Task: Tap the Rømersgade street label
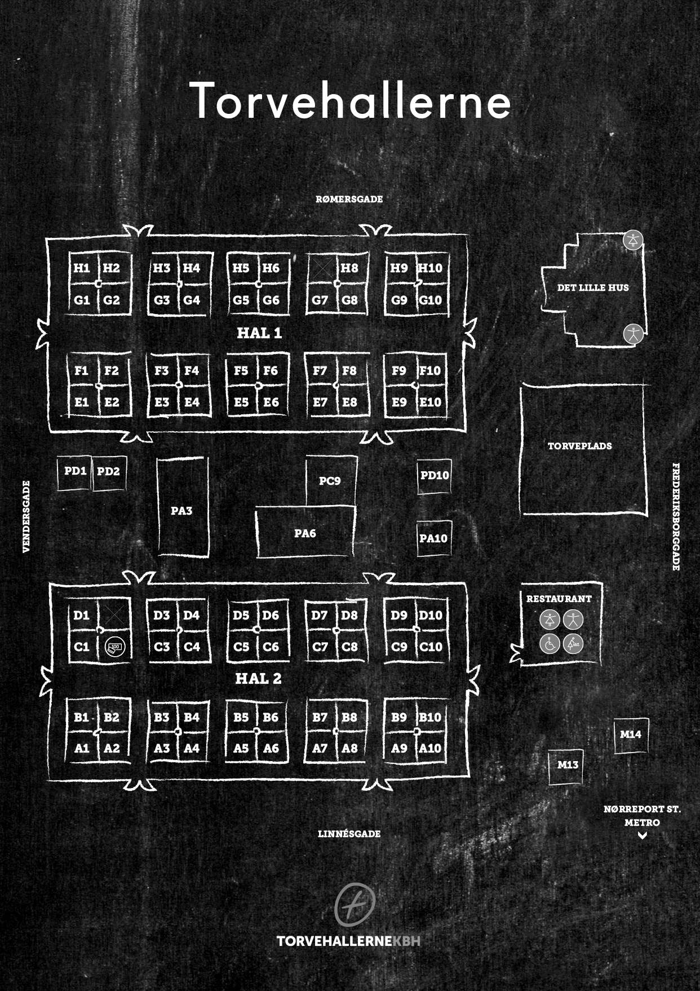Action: [x=349, y=199]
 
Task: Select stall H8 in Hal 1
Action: [x=349, y=268]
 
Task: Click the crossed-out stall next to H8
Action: [x=322, y=268]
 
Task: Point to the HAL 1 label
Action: [x=259, y=333]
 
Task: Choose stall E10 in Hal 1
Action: [x=431, y=402]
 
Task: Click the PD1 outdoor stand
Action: [x=75, y=471]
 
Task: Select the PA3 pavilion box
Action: [x=182, y=511]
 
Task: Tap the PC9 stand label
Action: [x=330, y=481]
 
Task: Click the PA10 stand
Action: [x=433, y=538]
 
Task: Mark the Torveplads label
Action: [x=580, y=446]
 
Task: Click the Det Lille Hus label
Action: [x=593, y=287]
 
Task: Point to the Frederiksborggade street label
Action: [x=676, y=516]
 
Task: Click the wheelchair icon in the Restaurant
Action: [x=550, y=644]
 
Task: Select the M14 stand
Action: [x=631, y=735]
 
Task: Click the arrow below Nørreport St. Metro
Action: [x=642, y=836]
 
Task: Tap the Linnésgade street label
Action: [x=349, y=834]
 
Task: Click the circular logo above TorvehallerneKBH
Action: [x=355, y=904]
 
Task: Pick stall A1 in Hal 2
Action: [x=82, y=748]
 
